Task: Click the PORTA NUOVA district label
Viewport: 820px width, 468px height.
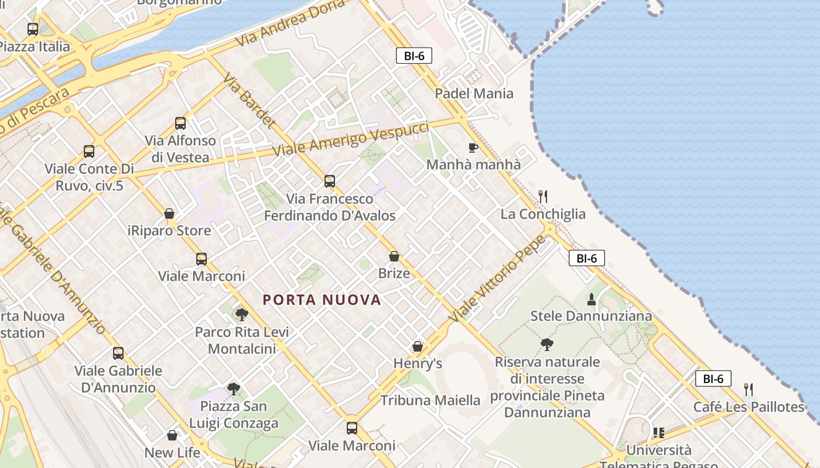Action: [322, 300]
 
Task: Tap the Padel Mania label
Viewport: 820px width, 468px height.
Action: [474, 94]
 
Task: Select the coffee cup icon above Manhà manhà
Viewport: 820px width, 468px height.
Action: [473, 147]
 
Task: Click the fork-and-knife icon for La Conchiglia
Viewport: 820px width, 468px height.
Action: [543, 197]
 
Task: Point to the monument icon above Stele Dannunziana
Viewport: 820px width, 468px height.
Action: [591, 300]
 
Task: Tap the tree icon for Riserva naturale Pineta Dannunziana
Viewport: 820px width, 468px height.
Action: [547, 345]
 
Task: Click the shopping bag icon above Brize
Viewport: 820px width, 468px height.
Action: [394, 256]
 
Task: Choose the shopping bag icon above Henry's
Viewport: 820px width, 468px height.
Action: [418, 346]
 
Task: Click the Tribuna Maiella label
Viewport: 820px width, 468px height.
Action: [430, 401]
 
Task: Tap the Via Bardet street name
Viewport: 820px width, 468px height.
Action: [249, 101]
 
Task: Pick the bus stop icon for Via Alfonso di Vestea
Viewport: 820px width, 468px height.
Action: [180, 123]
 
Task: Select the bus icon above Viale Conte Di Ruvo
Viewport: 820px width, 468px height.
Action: [89, 152]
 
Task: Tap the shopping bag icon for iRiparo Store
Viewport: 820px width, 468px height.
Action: [169, 214]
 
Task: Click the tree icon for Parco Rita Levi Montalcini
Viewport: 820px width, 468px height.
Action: [241, 315]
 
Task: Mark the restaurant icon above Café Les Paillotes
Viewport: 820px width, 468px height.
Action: [748, 390]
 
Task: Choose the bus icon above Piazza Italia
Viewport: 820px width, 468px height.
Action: [33, 29]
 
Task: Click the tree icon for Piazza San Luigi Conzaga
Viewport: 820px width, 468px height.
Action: [233, 389]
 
